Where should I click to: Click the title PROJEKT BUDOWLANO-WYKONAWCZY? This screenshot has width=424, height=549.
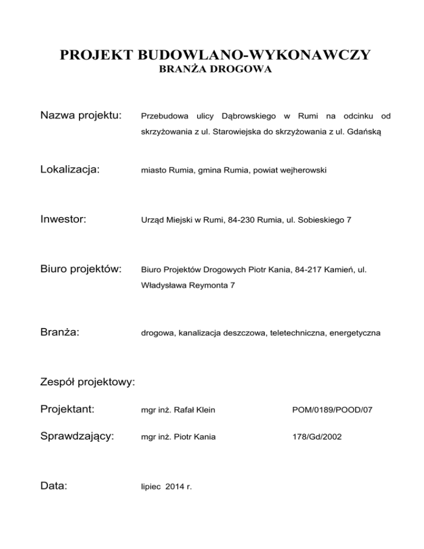(215, 55)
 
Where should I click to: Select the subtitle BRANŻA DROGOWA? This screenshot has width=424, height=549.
(215, 70)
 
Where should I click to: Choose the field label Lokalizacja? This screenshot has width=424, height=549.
(71, 170)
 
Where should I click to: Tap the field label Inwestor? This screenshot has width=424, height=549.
(63, 219)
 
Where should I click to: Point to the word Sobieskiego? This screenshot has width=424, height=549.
(311, 220)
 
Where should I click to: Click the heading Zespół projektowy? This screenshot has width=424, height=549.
(88, 382)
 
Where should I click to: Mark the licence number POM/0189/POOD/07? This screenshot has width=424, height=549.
(327, 410)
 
